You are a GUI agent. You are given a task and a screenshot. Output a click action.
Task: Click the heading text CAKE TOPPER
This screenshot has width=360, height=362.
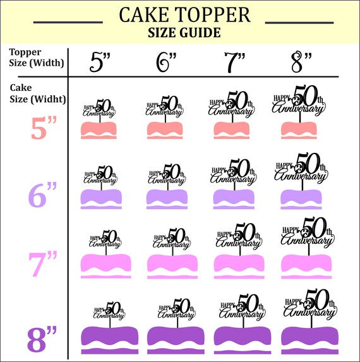click(x=184, y=15)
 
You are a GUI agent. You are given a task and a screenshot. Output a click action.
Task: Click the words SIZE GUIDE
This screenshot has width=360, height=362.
click(x=184, y=33)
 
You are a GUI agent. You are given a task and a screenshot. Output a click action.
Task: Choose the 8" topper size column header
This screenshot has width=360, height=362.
click(x=302, y=62)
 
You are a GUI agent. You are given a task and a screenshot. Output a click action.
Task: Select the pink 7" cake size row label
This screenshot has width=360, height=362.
click(x=44, y=263)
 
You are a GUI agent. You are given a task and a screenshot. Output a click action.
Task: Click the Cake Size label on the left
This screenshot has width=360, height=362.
click(x=28, y=94)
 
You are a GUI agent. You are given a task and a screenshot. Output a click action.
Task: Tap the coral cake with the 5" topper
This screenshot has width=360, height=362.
click(x=99, y=130)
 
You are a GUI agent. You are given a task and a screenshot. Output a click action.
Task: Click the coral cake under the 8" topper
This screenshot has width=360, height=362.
click(x=299, y=130)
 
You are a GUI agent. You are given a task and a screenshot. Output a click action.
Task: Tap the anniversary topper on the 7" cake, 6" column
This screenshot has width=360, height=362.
click(x=171, y=239)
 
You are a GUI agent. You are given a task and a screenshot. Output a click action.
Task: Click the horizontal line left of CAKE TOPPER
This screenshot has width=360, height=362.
click(x=68, y=21)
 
